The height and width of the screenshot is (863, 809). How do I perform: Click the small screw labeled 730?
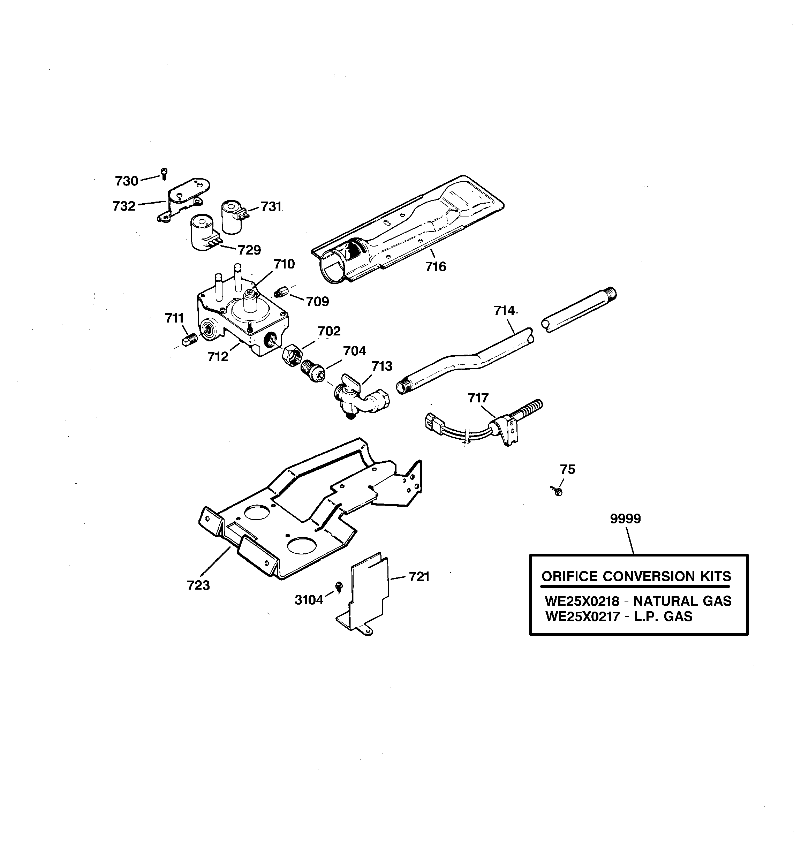[x=164, y=173]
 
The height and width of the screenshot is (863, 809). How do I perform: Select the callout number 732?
[x=124, y=206]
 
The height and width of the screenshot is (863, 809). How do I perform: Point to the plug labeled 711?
[x=189, y=339]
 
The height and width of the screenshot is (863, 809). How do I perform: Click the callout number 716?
[x=436, y=266]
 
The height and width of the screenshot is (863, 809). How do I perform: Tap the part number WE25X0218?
[x=582, y=601]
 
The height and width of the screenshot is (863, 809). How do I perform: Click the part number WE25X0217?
[x=582, y=616]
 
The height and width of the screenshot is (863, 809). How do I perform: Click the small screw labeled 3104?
[x=339, y=587]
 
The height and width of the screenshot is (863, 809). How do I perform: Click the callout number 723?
[x=198, y=585]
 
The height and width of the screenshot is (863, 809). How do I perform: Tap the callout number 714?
[x=504, y=310]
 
